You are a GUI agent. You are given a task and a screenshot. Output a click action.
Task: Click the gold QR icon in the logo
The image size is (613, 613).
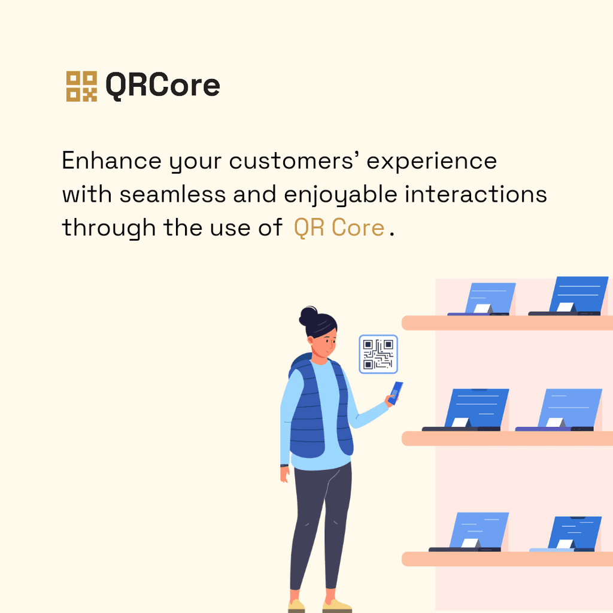(x=81, y=86)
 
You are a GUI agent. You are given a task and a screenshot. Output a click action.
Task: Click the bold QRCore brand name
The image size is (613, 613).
(x=163, y=85)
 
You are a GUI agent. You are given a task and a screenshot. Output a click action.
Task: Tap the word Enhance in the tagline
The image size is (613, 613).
(x=112, y=160)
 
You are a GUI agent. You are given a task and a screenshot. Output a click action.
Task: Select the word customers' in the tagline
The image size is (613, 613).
(x=292, y=160)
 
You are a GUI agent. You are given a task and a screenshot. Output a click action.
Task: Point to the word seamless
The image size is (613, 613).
(x=173, y=195)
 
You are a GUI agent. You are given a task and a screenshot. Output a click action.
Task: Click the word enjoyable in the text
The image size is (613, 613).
(x=341, y=195)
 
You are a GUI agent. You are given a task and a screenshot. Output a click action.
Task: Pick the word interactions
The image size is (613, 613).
(x=476, y=195)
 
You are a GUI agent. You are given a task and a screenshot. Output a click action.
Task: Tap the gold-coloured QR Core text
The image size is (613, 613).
(x=339, y=227)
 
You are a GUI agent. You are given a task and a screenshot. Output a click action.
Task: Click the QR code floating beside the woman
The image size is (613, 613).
(x=378, y=354)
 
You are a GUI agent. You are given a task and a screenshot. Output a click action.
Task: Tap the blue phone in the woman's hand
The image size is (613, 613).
(x=396, y=393)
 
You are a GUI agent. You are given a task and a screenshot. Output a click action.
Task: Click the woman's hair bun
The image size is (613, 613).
(x=308, y=316)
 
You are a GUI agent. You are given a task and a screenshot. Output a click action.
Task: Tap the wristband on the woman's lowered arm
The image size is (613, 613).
(x=284, y=466)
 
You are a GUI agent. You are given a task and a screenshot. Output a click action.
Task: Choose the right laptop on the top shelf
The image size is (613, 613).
(x=569, y=296)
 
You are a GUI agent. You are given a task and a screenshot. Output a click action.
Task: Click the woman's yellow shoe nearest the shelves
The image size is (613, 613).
(x=337, y=606)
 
